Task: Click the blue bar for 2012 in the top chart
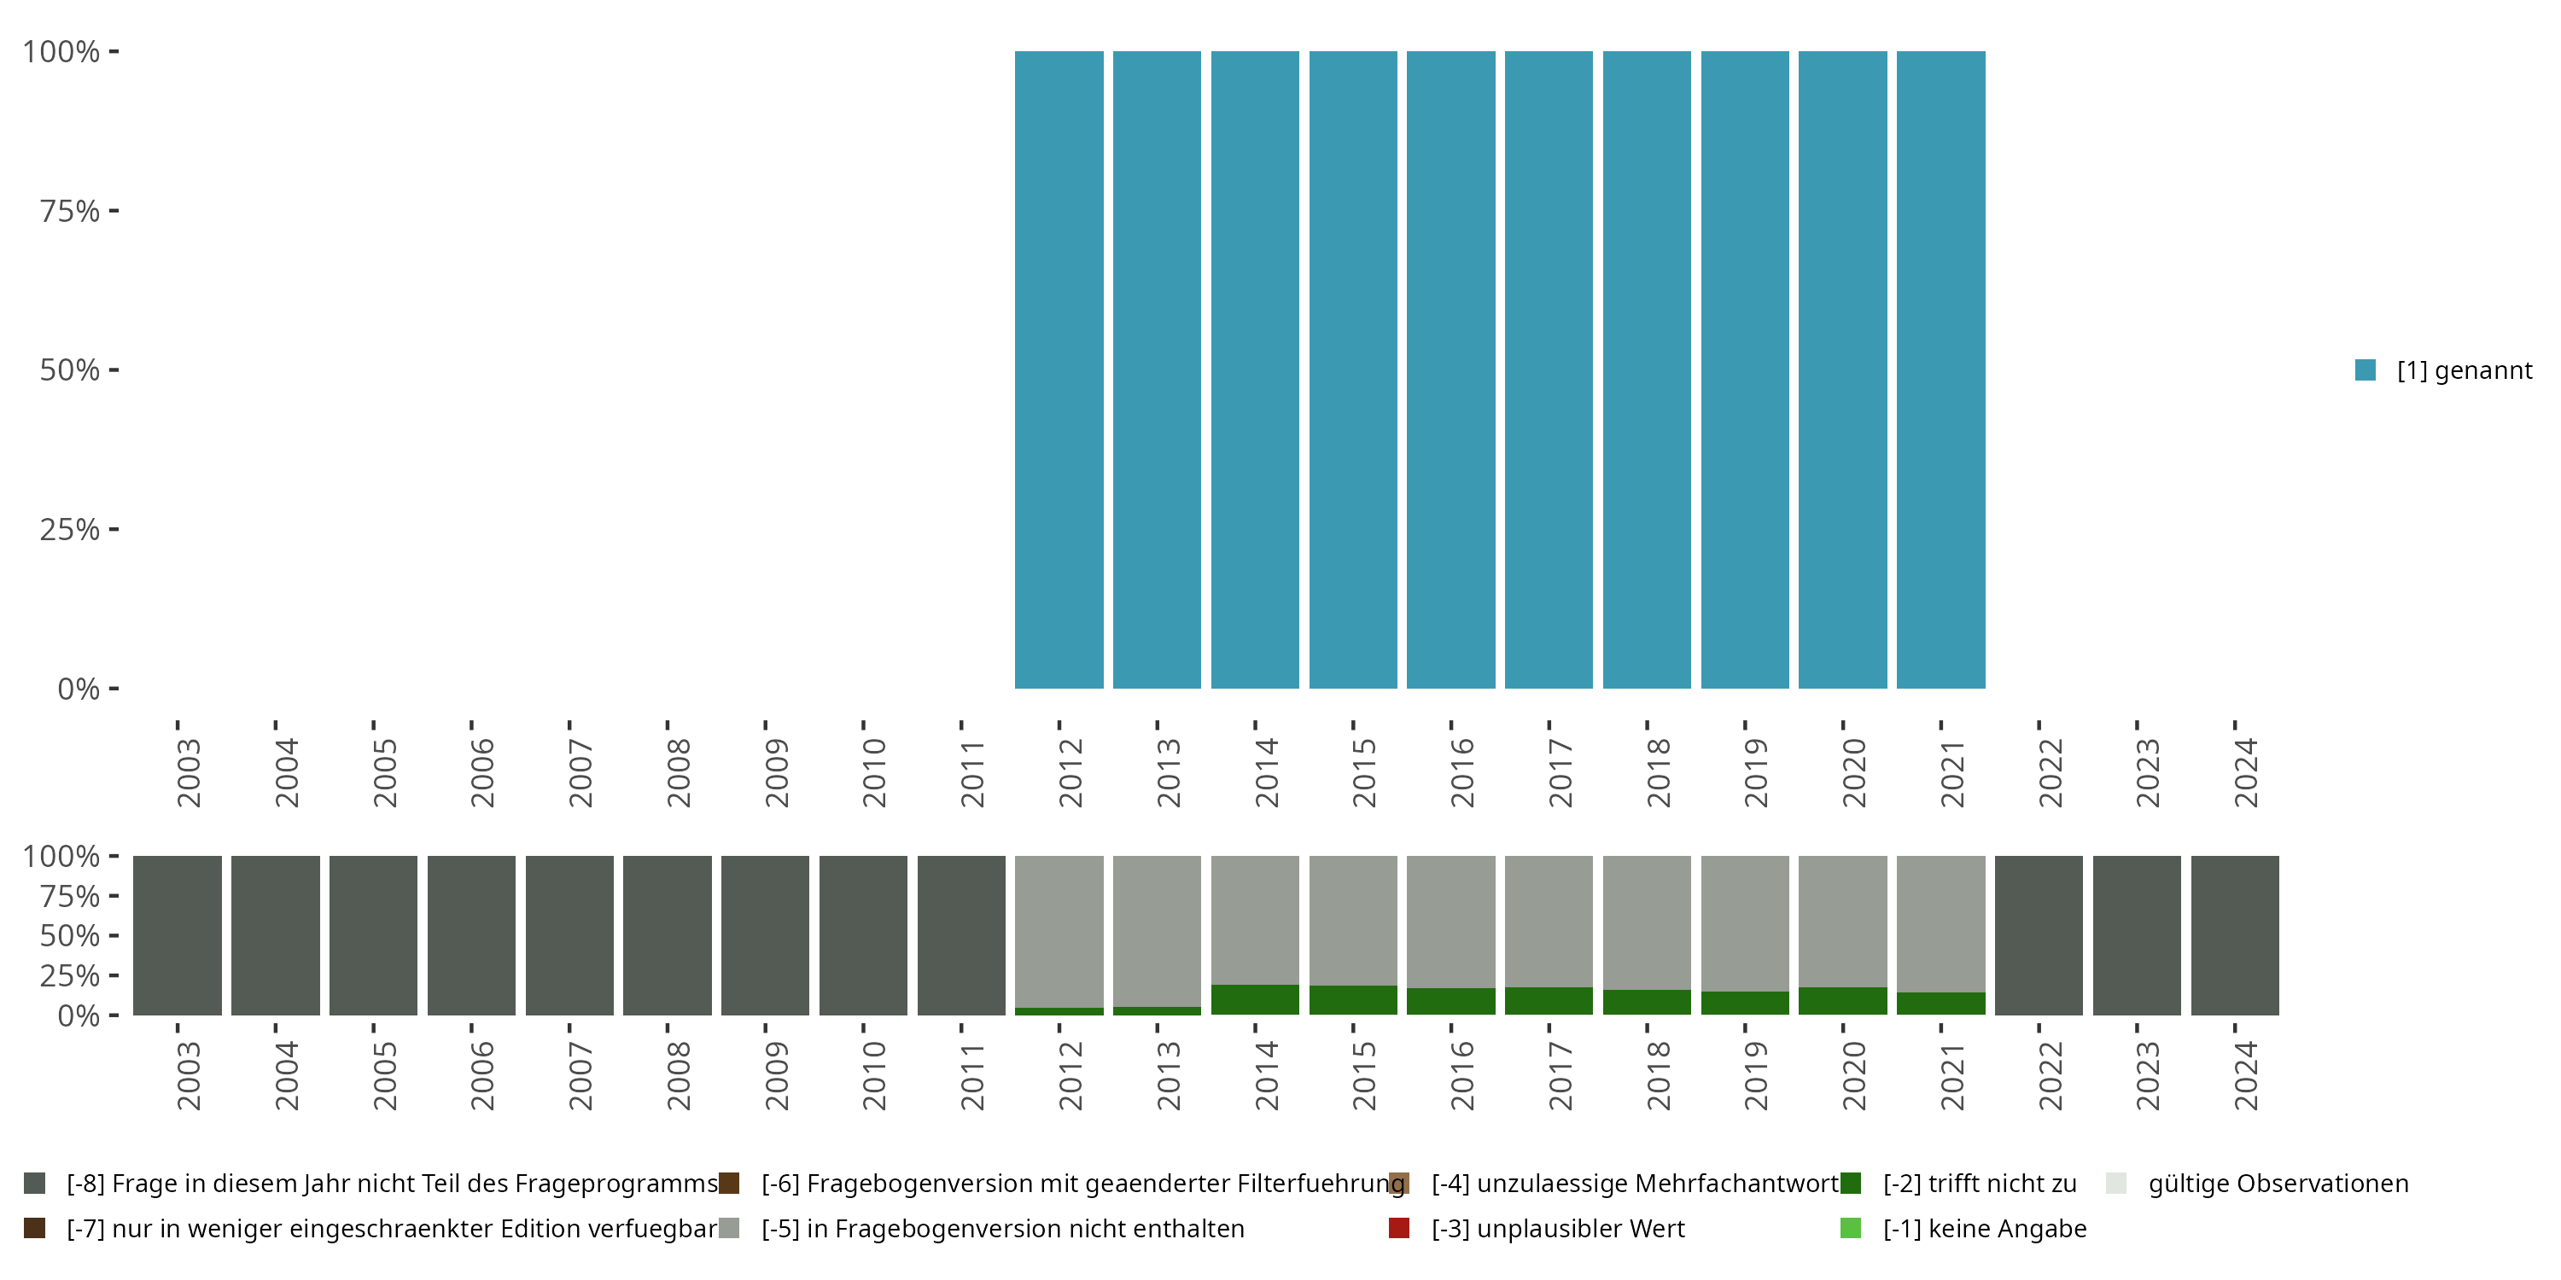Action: tap(1059, 369)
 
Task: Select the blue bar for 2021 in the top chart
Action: tap(1940, 369)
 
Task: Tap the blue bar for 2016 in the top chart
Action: tap(1450, 369)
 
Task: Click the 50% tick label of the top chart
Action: tap(70, 370)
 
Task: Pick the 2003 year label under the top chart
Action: tap(188, 772)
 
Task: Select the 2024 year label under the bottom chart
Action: tap(2245, 1075)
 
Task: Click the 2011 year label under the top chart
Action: tap(971, 772)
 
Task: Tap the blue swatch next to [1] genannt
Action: tap(2366, 369)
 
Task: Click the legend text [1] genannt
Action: tap(2464, 370)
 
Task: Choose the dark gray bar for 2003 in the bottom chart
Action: tap(177, 935)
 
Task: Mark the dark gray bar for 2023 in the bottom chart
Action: tap(2137, 935)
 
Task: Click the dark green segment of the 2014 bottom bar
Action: tap(1255, 1000)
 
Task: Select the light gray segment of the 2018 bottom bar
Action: tap(1647, 922)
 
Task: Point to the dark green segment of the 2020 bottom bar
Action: tap(1842, 1001)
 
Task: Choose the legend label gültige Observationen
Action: tap(2278, 1184)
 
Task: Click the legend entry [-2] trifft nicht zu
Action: tap(1979, 1184)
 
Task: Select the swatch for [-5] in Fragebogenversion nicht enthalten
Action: tap(730, 1228)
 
